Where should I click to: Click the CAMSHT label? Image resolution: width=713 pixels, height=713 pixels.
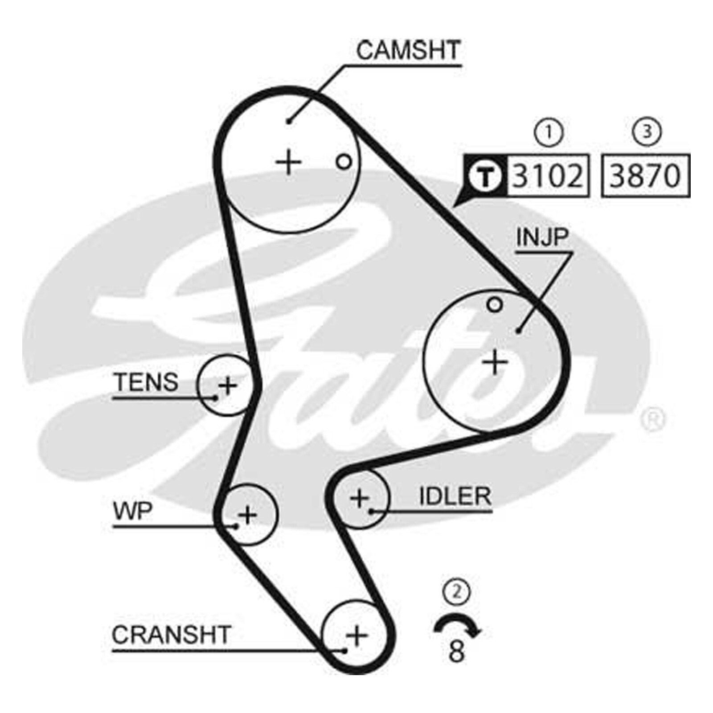click(408, 50)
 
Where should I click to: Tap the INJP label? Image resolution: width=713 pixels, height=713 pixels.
click(542, 237)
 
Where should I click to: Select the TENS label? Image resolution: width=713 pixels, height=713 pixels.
click(146, 382)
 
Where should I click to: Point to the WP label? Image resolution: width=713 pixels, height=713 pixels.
click(133, 511)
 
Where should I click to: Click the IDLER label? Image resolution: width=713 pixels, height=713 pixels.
click(455, 496)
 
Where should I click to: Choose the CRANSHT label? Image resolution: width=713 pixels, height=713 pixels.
click(171, 635)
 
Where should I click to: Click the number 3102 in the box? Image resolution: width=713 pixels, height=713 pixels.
click(548, 176)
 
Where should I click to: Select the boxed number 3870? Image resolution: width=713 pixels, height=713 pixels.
click(645, 176)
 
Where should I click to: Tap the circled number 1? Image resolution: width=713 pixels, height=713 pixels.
click(549, 132)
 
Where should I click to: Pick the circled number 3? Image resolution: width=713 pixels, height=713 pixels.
click(647, 132)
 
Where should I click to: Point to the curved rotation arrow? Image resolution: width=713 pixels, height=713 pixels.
click(457, 617)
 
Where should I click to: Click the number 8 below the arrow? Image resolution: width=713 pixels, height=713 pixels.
click(457, 651)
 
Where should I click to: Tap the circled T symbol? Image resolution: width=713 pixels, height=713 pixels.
click(485, 176)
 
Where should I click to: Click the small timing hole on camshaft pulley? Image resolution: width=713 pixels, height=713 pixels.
click(344, 162)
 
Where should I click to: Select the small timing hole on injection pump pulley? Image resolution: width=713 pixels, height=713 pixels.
click(495, 305)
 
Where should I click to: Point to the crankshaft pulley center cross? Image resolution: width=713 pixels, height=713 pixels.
click(357, 635)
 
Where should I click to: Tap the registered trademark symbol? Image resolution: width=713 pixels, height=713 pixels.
click(653, 419)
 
